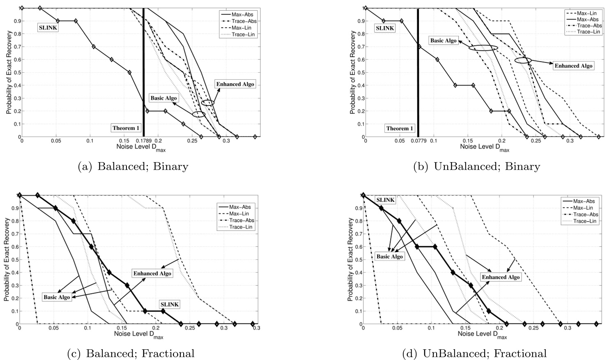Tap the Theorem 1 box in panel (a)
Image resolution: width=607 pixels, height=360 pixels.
tap(126, 128)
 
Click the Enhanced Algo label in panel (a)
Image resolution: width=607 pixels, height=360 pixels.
tap(235, 84)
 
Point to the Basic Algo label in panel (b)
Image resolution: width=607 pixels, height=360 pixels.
tap(443, 41)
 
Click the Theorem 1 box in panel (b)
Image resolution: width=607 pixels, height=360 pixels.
tap(400, 128)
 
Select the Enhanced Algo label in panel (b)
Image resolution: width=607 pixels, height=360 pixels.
tap(573, 66)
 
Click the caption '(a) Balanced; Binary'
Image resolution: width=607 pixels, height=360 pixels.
tap(133, 166)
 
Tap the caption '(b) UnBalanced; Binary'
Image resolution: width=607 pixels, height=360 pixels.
tap(476, 166)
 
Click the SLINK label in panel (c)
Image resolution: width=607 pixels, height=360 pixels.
tap(170, 304)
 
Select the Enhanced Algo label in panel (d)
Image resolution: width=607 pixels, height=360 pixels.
tap(501, 277)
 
